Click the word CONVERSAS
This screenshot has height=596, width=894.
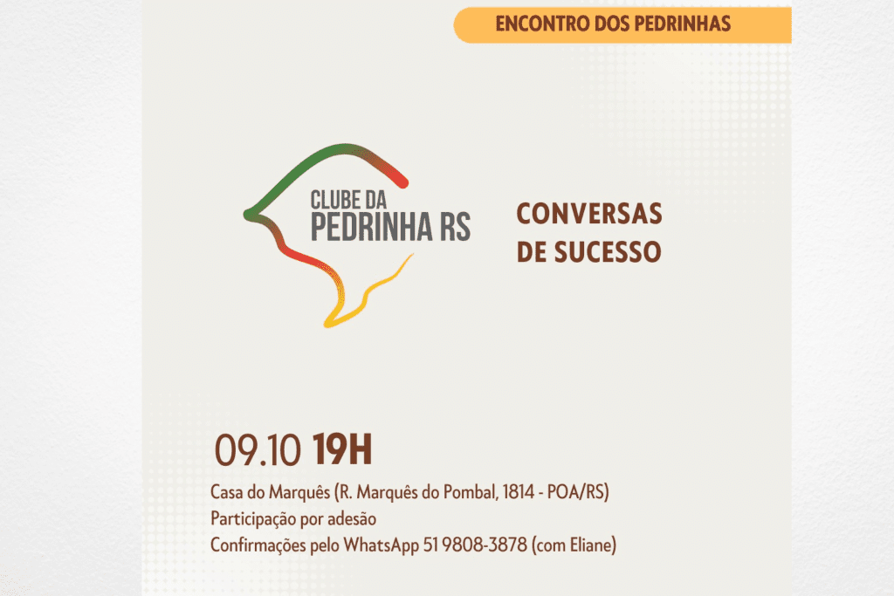589,214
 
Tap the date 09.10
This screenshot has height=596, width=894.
259,452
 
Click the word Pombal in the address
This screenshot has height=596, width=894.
467,492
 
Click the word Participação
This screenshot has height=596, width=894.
254,518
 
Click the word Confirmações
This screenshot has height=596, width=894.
260,545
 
